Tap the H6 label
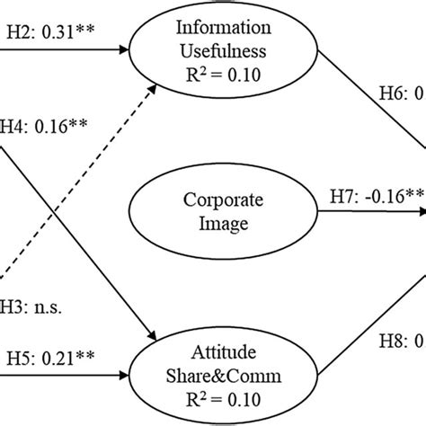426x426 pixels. [400, 92]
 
